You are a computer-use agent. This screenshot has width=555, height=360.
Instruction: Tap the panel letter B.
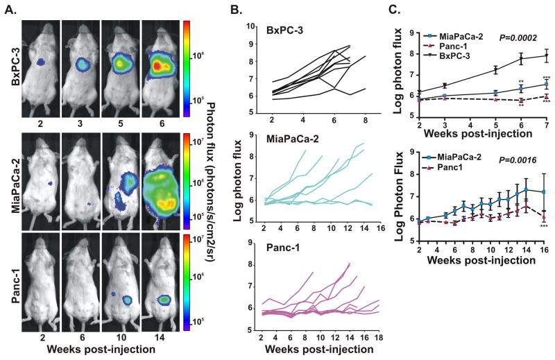pyautogui.click(x=235, y=9)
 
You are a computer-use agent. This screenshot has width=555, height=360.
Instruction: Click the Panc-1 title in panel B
pyautogui.click(x=287, y=252)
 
